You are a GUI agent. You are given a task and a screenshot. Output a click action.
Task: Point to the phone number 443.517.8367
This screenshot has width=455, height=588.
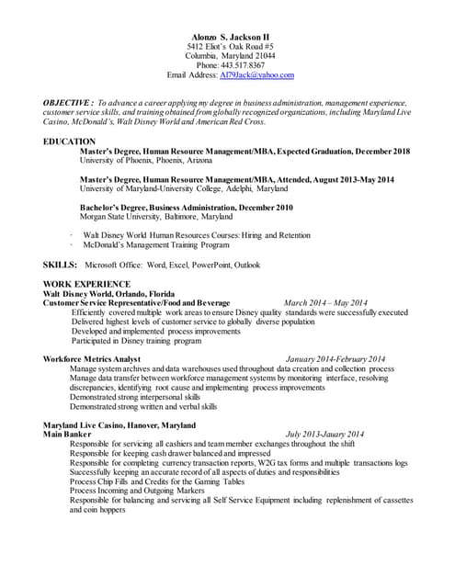243,66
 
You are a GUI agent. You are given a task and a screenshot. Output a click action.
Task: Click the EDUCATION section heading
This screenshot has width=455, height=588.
69,141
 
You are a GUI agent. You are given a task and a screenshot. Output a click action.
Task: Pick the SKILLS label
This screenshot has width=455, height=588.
60,265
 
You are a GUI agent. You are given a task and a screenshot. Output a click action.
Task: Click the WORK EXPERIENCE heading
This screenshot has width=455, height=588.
86,284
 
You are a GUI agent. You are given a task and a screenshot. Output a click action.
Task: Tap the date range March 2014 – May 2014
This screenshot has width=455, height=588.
326,302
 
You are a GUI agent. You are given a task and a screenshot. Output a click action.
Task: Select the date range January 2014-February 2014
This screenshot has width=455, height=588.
336,358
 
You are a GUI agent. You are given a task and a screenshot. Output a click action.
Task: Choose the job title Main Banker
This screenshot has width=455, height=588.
67,434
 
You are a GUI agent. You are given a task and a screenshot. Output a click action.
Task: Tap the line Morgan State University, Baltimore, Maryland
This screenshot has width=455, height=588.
155,217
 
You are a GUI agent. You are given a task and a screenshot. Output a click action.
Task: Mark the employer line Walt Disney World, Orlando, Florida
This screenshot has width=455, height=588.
109,293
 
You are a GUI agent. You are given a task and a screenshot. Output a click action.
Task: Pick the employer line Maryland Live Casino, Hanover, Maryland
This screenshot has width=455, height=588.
119,424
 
